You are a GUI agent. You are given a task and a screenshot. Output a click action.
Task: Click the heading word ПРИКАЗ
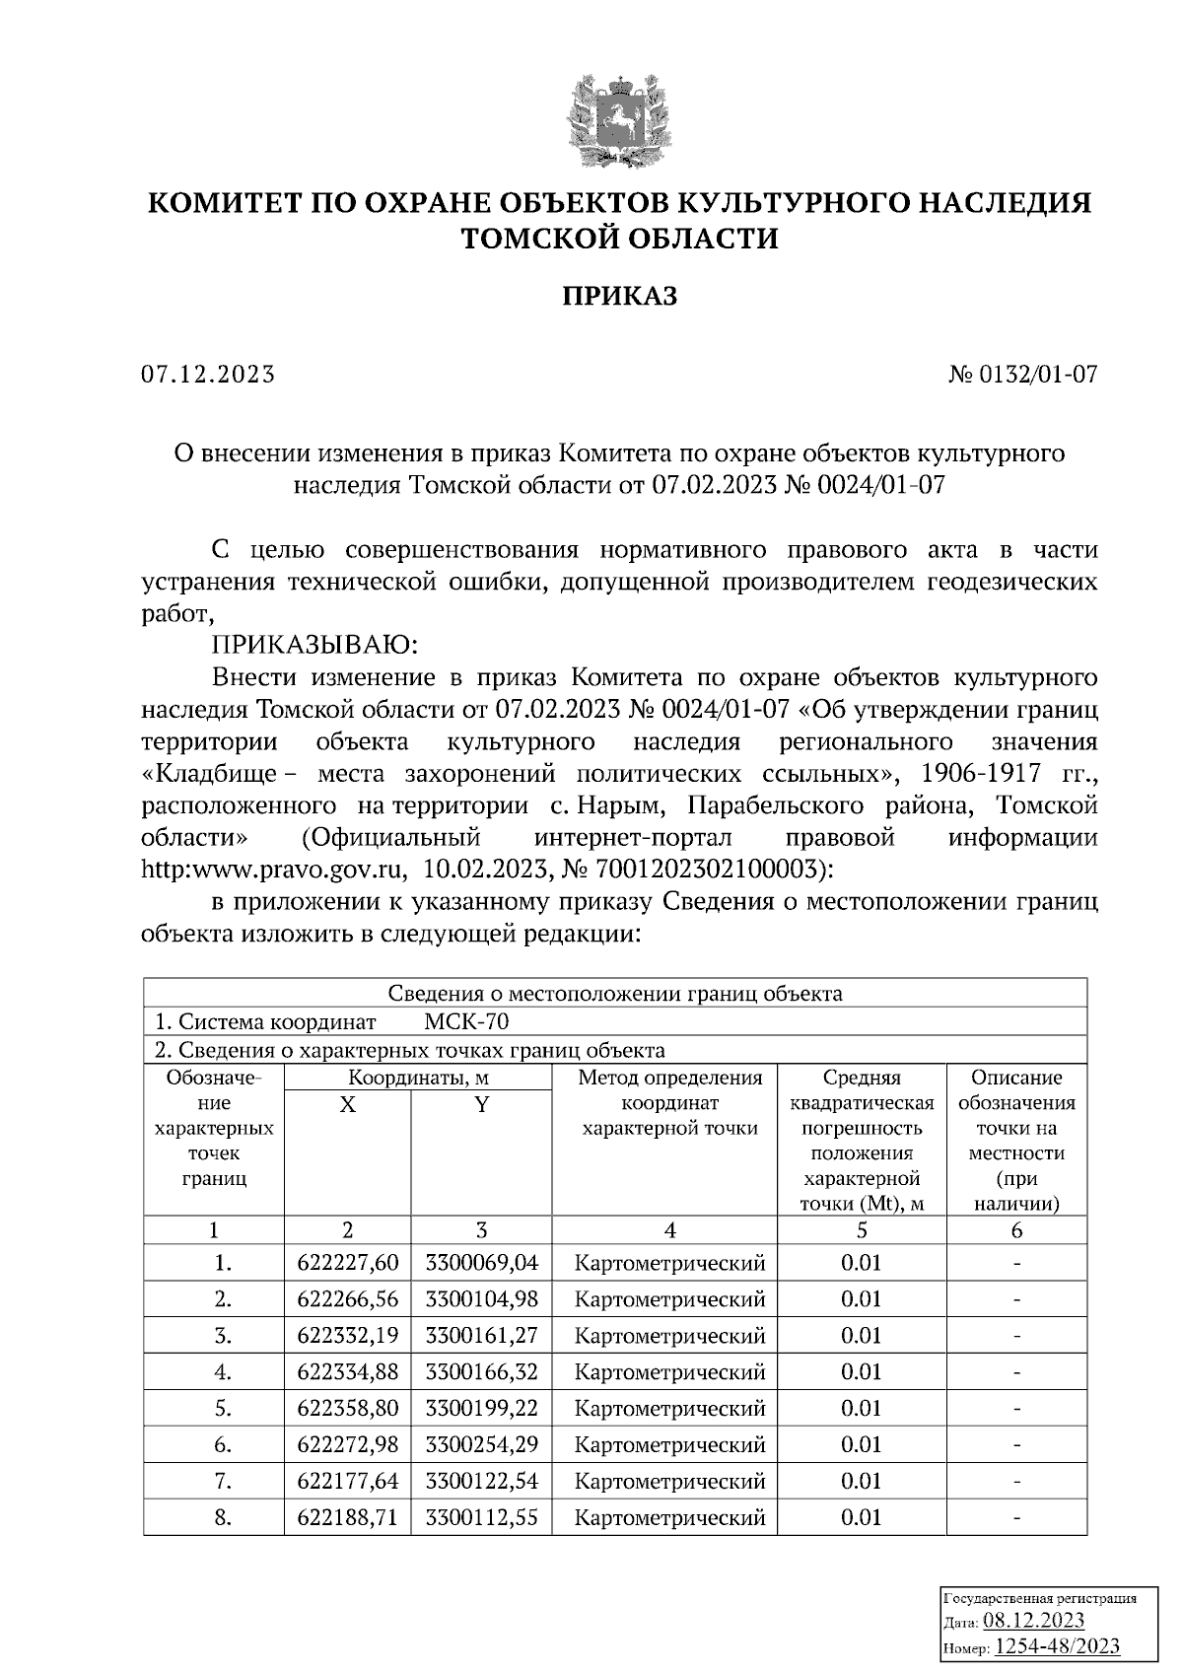click(619, 296)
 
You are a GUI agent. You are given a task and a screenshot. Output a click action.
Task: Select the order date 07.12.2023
click(208, 375)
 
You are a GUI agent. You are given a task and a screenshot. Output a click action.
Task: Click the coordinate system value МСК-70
click(466, 1021)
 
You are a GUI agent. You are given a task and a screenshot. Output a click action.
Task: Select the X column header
click(347, 1105)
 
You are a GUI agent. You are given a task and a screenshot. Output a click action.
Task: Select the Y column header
click(481, 1105)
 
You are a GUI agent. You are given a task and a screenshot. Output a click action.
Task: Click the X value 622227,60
click(347, 1263)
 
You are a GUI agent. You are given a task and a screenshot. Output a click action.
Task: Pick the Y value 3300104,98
click(481, 1299)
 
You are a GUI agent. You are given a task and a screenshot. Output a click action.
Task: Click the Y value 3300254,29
click(481, 1445)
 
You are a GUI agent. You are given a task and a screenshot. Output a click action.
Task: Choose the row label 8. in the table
click(223, 1517)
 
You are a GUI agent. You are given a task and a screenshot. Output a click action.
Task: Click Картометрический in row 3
click(669, 1336)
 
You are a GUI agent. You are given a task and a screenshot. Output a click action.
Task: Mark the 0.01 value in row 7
click(861, 1481)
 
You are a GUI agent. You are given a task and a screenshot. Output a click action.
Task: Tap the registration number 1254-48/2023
click(1057, 1646)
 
